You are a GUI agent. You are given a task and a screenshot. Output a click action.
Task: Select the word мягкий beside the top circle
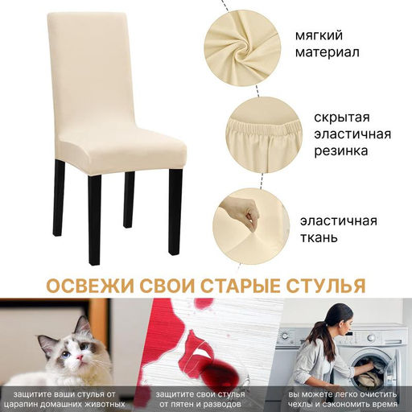319,36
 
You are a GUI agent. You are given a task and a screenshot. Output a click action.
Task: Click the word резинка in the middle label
341,151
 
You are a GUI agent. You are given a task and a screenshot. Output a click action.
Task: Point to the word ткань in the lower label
319,237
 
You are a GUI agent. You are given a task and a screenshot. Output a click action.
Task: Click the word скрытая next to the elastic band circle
342,117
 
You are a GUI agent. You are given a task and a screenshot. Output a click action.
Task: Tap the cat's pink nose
80,357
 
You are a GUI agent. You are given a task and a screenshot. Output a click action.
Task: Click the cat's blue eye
66,355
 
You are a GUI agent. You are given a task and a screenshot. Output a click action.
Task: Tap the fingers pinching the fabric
252,217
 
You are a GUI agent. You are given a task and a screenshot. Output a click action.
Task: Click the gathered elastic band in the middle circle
264,126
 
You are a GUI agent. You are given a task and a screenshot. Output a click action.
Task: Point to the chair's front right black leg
175,212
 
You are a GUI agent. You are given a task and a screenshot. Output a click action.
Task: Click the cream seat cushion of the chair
123,150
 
